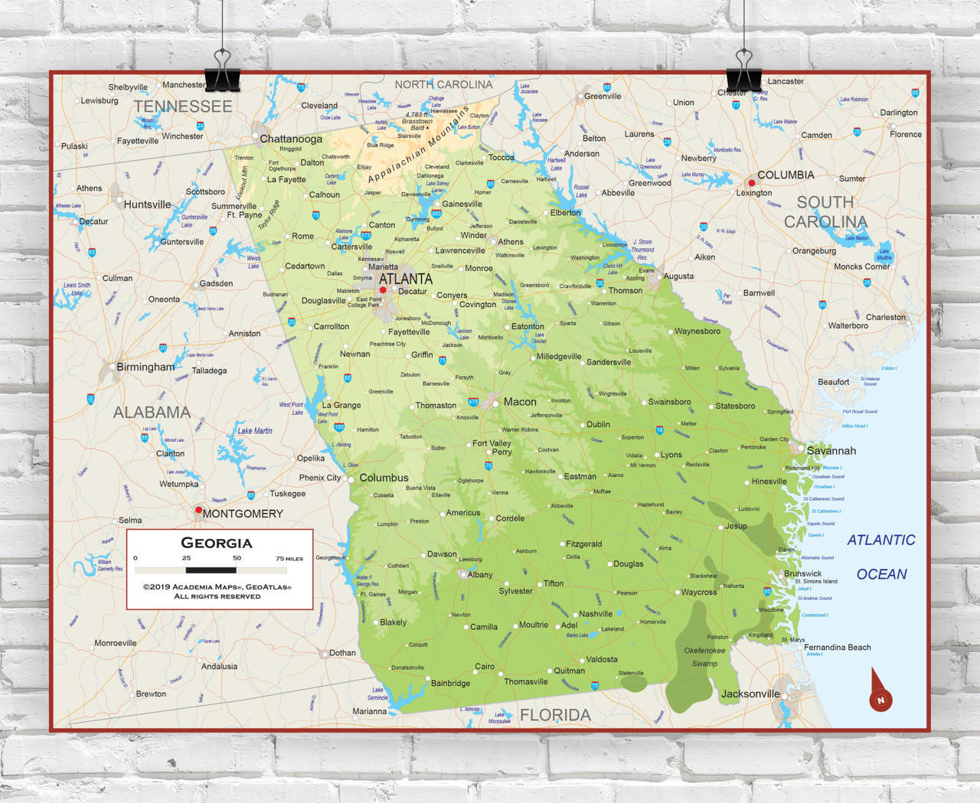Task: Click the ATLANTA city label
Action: pos(405,279)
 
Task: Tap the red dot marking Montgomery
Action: pos(198,510)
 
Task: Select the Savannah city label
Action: pos(831,451)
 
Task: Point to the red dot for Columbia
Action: pos(752,183)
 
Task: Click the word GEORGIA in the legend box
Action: pos(217,543)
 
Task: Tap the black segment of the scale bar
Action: pos(211,570)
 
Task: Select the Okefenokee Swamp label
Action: pos(704,657)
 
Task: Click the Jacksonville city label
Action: pos(750,694)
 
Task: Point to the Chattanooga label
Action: pos(291,139)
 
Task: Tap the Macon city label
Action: pos(520,402)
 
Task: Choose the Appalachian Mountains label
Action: pos(418,145)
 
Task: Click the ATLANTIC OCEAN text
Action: pos(881,557)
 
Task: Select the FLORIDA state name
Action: pos(555,715)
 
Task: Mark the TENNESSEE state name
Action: pos(183,107)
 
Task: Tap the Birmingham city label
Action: pos(145,367)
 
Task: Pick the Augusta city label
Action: pos(678,276)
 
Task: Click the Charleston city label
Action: pos(885,317)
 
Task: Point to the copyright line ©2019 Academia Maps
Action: pos(217,587)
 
